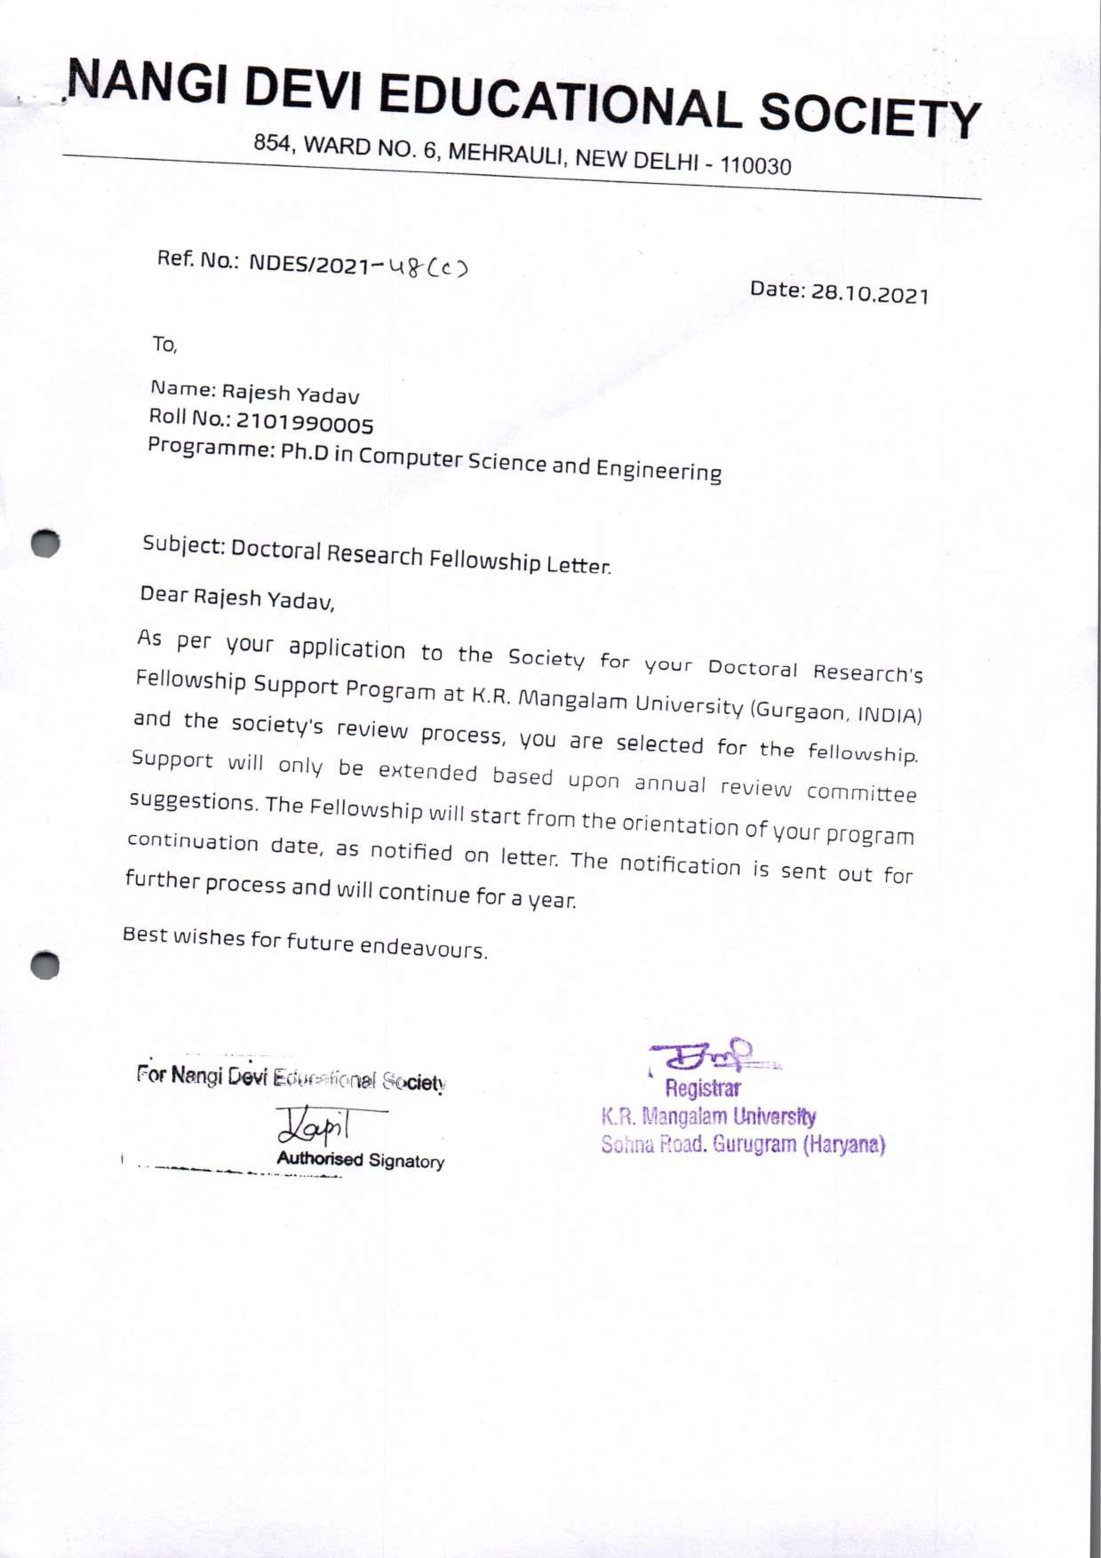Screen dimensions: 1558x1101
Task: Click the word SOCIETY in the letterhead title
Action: pyautogui.click(x=870, y=116)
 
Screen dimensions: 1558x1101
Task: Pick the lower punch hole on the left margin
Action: pyautogui.click(x=45, y=964)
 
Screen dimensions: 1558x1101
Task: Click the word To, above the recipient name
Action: pyautogui.click(x=164, y=345)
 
